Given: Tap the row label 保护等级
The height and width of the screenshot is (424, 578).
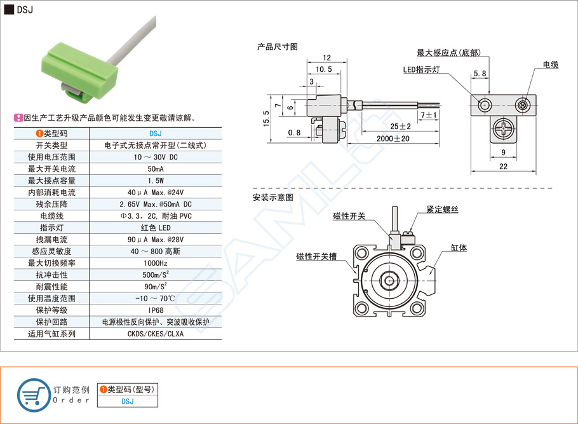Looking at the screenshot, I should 51,310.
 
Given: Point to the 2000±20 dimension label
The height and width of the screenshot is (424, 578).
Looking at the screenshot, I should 393,139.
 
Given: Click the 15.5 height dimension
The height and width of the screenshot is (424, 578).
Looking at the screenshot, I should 265,118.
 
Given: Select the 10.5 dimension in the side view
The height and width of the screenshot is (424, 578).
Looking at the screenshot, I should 323,69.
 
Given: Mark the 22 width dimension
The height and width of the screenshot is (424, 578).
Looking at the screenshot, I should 503,167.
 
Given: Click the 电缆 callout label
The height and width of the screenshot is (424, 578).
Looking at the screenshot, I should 550,65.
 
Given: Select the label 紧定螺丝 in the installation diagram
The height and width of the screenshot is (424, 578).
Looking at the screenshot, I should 442,209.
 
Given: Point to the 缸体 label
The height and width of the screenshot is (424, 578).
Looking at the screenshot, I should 459,248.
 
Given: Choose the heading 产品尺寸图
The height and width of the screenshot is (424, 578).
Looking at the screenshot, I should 277,46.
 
